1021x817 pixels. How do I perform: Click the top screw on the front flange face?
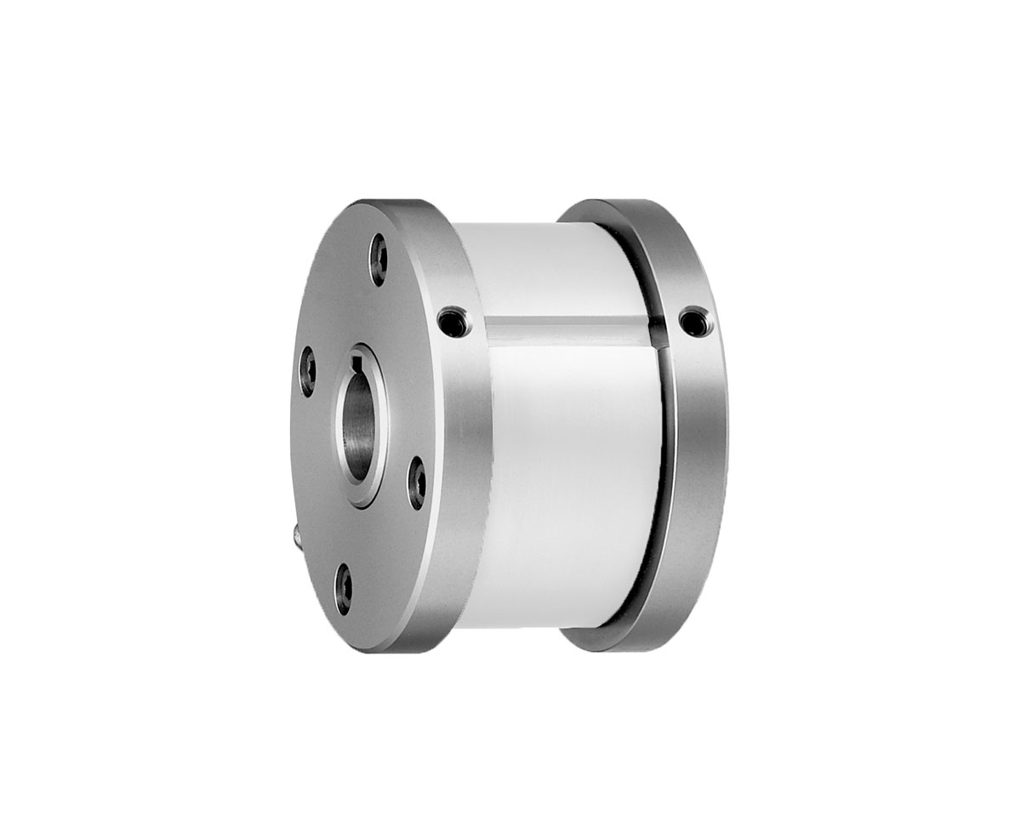pyautogui.click(x=378, y=260)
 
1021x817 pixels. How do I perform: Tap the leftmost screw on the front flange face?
pyautogui.click(x=307, y=372)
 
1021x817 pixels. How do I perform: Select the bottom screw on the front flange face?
pyautogui.click(x=344, y=588)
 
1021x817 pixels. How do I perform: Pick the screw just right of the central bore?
pyautogui.click(x=416, y=483)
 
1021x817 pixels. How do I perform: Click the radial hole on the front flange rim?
pyautogui.click(x=452, y=322)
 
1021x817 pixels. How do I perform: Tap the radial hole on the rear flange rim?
pyautogui.click(x=695, y=322)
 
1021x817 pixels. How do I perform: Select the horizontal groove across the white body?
pyautogui.click(x=566, y=330)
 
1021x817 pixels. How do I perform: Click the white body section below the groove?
pyautogui.click(x=570, y=477)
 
